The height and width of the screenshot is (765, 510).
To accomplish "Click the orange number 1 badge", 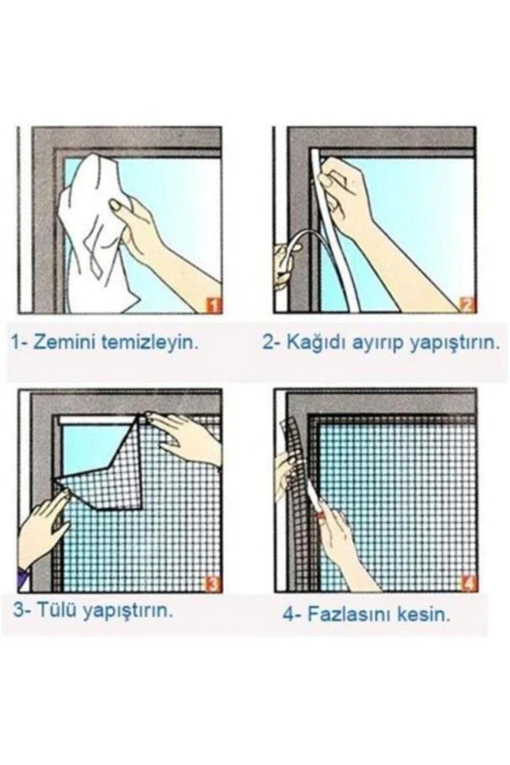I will [x=213, y=304].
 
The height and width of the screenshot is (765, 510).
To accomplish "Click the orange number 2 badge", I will [x=467, y=304].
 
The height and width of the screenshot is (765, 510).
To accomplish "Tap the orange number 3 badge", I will [x=213, y=584].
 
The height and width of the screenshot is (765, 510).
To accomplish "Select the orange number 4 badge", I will [x=467, y=584].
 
